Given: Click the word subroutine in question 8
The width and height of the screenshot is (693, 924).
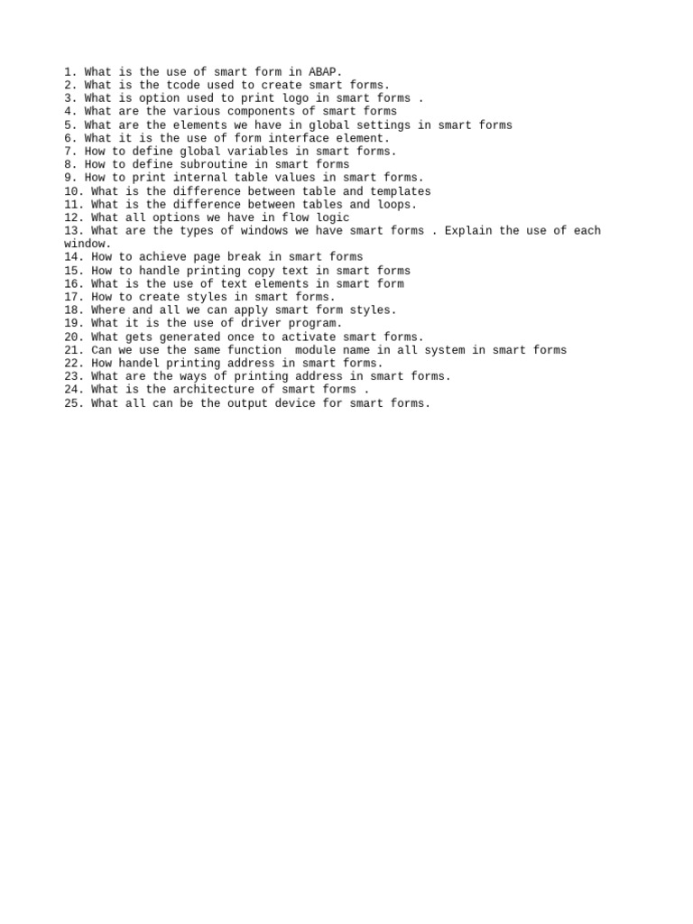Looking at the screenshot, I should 215,164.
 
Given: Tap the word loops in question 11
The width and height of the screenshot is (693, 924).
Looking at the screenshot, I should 397,204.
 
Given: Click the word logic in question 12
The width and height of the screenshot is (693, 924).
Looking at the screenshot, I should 332,217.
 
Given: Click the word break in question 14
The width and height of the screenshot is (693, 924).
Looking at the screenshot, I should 252,257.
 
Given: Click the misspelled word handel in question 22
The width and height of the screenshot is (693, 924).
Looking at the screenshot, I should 137,363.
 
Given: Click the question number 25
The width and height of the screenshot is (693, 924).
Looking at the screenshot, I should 74,403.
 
